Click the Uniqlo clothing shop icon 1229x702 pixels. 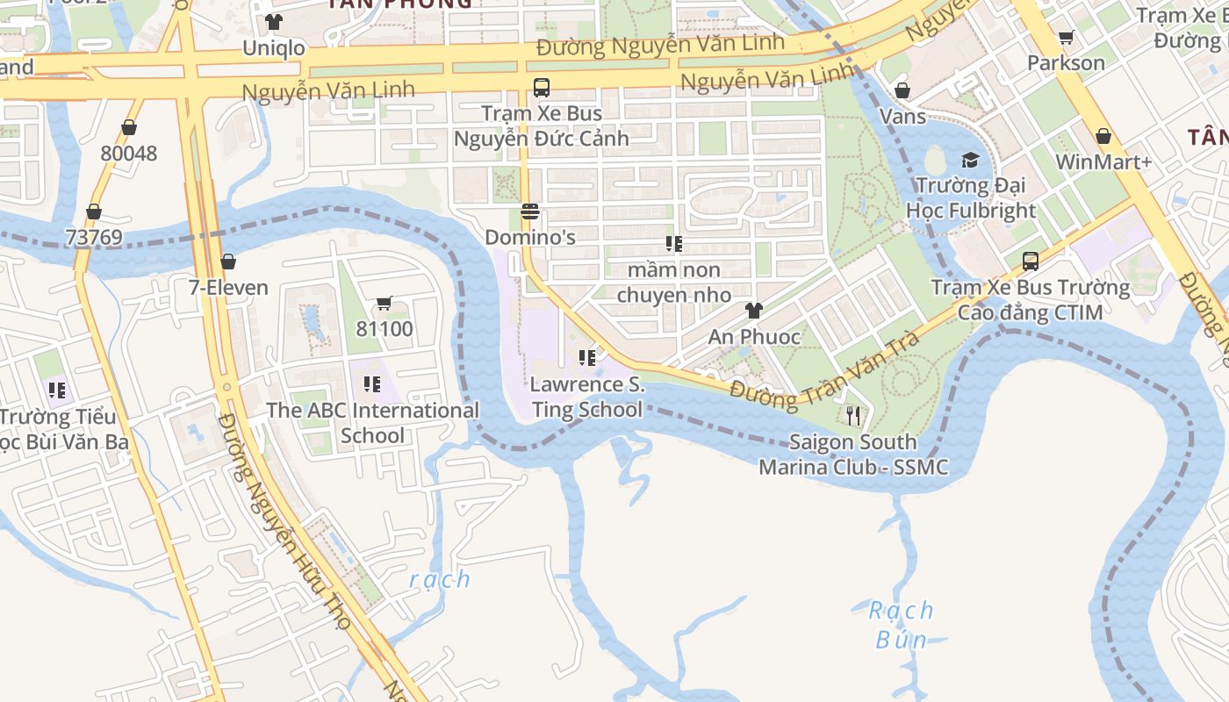(x=274, y=22)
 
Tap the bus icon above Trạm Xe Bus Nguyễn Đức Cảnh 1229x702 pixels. (x=542, y=88)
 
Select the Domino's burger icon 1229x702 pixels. (x=529, y=211)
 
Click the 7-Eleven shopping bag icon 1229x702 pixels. (x=228, y=261)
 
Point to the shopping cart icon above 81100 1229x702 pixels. (x=384, y=304)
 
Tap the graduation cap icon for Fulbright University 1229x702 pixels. (x=970, y=160)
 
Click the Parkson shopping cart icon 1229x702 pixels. (x=1066, y=38)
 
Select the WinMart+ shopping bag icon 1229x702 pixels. (x=1103, y=136)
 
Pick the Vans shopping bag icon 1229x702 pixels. (x=902, y=90)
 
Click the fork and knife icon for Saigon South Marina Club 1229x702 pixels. (x=852, y=415)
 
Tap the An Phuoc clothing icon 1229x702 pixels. (x=754, y=311)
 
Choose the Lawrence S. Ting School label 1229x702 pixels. (x=587, y=397)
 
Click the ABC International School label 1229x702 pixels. (x=373, y=422)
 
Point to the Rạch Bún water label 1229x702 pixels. (x=902, y=624)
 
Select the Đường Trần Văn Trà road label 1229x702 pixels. (x=824, y=369)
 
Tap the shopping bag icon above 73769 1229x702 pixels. (x=94, y=212)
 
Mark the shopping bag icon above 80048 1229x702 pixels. (x=129, y=128)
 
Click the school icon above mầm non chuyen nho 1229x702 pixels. (x=674, y=244)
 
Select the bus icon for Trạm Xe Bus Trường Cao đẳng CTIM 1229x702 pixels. (x=1031, y=261)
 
